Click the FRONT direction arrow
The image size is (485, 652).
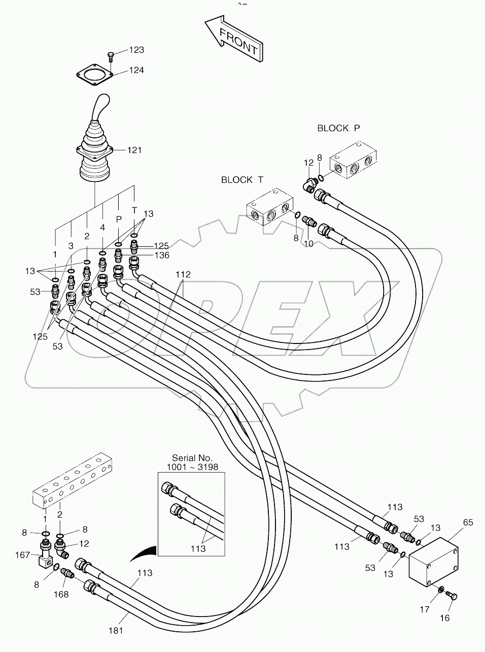click(233, 41)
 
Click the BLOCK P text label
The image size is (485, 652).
click(338, 128)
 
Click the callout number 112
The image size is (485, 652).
click(183, 275)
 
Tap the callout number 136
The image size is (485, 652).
click(162, 255)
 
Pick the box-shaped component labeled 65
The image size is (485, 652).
click(433, 563)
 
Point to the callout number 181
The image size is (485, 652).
click(116, 631)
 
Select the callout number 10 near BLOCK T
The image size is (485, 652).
click(308, 244)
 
